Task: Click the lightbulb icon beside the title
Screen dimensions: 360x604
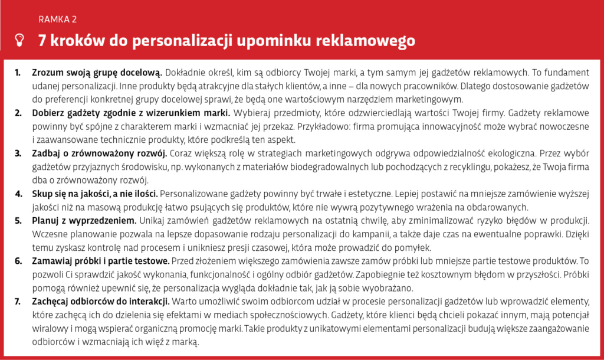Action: tap(20, 40)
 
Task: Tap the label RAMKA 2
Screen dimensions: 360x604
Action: tap(57, 19)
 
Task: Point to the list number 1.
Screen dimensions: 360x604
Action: tap(18, 73)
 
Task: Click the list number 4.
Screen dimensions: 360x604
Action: tap(18, 194)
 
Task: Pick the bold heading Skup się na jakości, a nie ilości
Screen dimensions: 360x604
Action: tap(95, 194)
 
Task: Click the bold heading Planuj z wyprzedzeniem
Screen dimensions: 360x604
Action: tap(84, 221)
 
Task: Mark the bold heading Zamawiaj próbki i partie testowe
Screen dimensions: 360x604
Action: tap(101, 261)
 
